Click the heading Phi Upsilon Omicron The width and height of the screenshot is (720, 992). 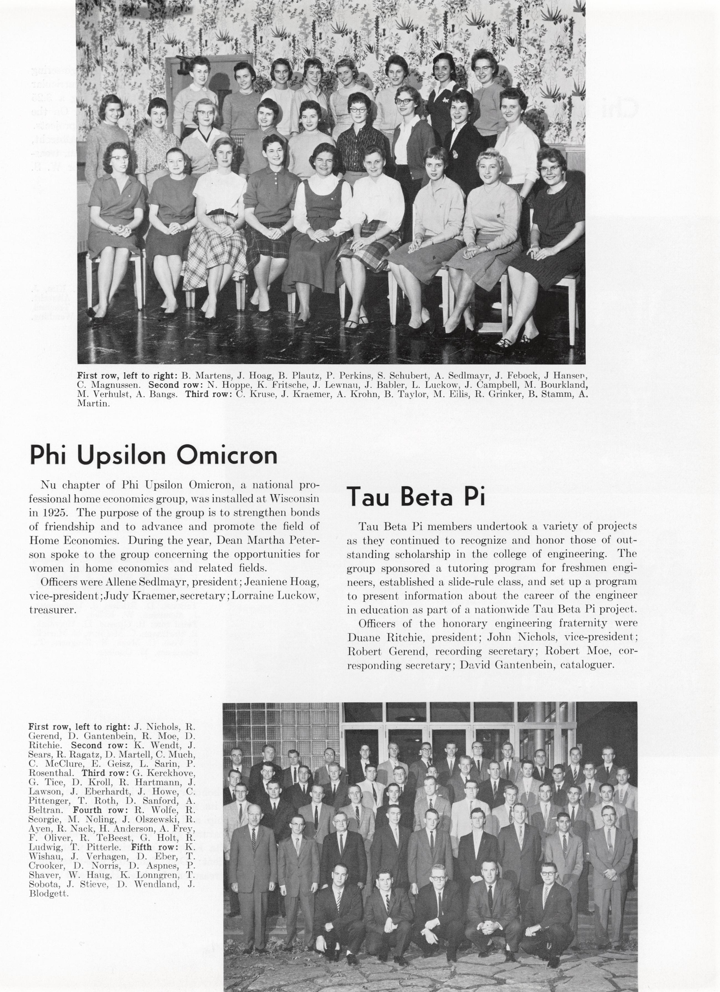coord(153,455)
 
